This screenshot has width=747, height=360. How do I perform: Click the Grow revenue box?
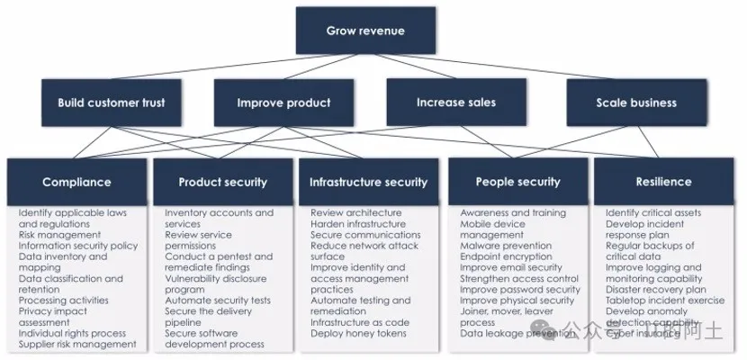[x=364, y=31]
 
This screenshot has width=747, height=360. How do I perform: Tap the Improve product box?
[x=283, y=103]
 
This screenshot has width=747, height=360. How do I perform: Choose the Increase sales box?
[x=455, y=103]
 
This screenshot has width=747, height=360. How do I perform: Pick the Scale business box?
[x=635, y=103]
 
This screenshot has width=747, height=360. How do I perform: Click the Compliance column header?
[x=76, y=182]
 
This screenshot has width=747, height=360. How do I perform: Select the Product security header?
[x=222, y=182]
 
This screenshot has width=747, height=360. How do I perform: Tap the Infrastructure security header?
[x=368, y=182]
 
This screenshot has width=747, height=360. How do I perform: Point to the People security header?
[x=518, y=182]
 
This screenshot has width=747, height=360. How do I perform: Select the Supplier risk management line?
[x=77, y=344]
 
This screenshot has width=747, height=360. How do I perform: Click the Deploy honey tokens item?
[x=357, y=333]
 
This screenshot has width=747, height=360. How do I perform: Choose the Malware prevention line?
[x=507, y=246]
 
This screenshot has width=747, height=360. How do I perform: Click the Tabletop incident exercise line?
[x=665, y=301]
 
